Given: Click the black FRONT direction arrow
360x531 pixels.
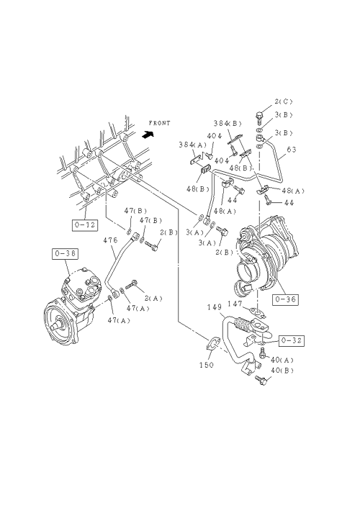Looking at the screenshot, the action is (x=148, y=134).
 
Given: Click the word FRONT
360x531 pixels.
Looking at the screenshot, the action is (x=159, y=123).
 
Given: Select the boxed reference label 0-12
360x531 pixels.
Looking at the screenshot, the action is (x=85, y=224).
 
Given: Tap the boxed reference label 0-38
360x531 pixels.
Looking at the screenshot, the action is (x=65, y=254).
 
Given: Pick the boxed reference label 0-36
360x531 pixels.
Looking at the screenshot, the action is (x=285, y=299).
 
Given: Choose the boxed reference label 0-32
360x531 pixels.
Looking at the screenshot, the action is (x=292, y=340).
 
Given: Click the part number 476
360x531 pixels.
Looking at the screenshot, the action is (x=110, y=240).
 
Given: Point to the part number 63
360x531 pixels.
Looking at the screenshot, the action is (x=292, y=149).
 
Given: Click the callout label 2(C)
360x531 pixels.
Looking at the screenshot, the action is (x=284, y=101).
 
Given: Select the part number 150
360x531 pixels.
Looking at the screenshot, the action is (x=207, y=365).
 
